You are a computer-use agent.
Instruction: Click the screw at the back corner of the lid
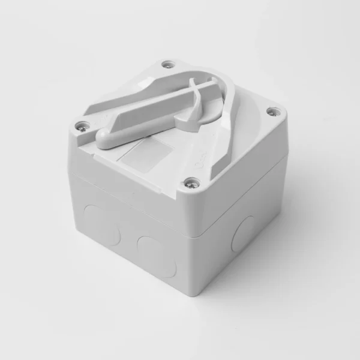click(168, 64)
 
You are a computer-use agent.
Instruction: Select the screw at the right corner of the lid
click(273, 112)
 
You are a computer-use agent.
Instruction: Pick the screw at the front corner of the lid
click(192, 183)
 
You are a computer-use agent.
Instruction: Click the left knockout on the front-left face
click(96, 218)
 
